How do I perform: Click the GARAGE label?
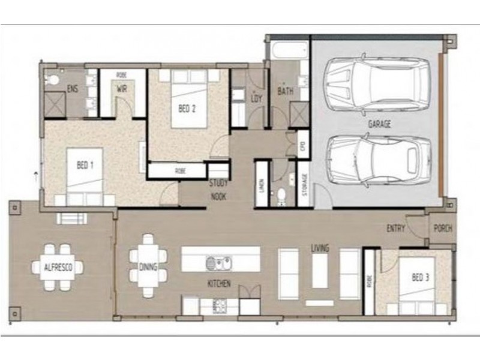click(379, 124)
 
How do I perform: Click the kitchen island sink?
click(218, 263)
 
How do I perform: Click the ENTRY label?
click(396, 228)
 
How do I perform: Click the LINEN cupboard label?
click(262, 185)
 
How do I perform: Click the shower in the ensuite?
click(56, 103)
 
